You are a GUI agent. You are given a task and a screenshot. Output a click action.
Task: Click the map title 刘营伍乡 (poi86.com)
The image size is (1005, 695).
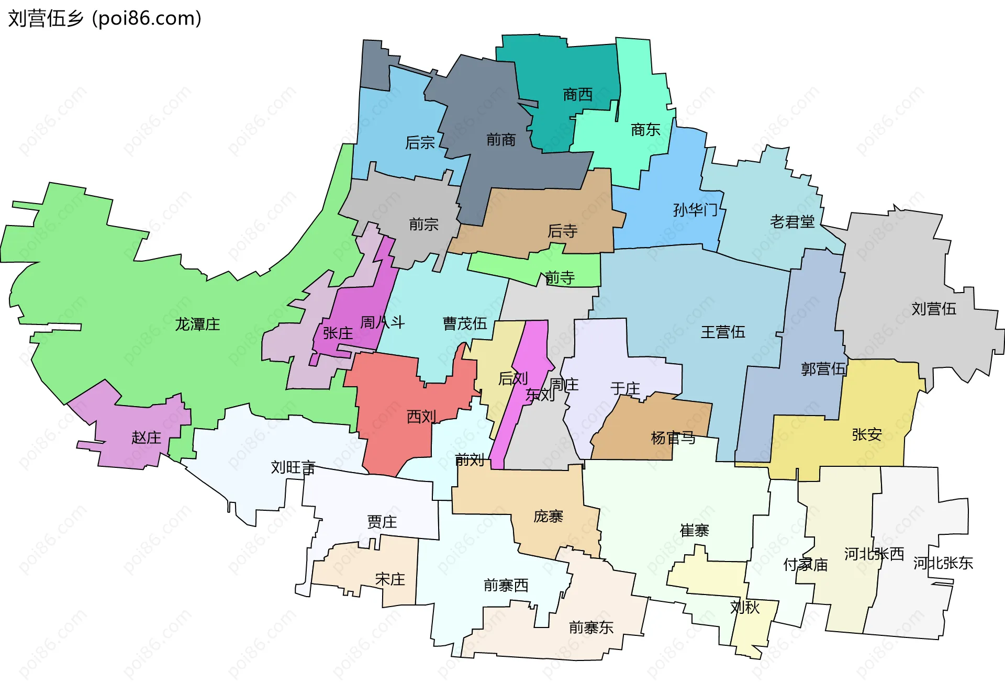pyautogui.click(x=105, y=18)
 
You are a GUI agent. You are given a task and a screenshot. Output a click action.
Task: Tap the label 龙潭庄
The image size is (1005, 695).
pyautogui.click(x=197, y=324)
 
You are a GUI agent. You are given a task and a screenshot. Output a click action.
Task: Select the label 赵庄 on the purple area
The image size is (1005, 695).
pyautogui.click(x=146, y=438)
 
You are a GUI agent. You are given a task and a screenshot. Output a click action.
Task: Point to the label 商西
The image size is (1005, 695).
pyautogui.click(x=578, y=95)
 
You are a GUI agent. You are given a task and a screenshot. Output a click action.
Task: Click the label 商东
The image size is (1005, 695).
pyautogui.click(x=645, y=130)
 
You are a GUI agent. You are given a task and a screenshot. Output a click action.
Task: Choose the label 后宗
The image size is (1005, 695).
pyautogui.click(x=420, y=142)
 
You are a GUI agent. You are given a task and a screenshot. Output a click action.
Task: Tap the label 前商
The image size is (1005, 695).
pyautogui.click(x=501, y=140)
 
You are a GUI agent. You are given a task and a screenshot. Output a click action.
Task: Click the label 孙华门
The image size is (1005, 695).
pyautogui.click(x=695, y=210)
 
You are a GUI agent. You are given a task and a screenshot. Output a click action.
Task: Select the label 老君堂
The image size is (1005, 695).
pyautogui.click(x=792, y=222)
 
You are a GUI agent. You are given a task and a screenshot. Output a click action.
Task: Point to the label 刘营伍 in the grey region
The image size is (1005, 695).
pyautogui.click(x=934, y=309)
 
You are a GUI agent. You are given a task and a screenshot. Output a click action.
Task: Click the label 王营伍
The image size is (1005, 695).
pyautogui.click(x=723, y=332)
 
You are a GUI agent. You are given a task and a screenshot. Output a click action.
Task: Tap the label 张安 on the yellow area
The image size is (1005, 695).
pyautogui.click(x=867, y=434)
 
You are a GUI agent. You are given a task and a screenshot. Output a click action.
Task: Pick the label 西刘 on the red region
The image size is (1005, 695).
pyautogui.click(x=421, y=417)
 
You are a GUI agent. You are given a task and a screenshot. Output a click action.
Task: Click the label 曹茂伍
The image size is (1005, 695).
pyautogui.click(x=465, y=323)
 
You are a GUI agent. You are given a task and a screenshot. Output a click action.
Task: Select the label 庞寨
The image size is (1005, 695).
pyautogui.click(x=548, y=517)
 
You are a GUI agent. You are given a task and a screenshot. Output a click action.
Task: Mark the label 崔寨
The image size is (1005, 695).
pyautogui.click(x=694, y=531)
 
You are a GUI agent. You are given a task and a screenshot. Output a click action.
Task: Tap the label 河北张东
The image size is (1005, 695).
pyautogui.click(x=943, y=563)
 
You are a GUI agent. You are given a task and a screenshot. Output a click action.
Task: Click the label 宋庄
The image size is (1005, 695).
pyautogui.click(x=390, y=579)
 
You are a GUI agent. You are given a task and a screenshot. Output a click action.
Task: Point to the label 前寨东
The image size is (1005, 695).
pyautogui.click(x=591, y=627)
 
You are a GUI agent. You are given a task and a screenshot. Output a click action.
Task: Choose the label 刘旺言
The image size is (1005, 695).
pyautogui.click(x=293, y=467)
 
